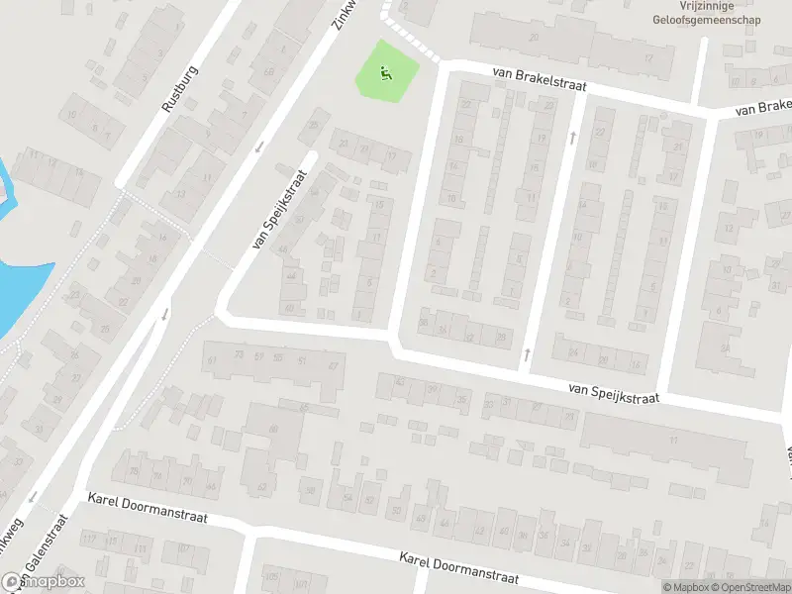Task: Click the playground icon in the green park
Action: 385,70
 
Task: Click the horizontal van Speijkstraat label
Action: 614,392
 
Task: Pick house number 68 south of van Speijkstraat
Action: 272,428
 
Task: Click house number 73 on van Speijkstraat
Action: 238,354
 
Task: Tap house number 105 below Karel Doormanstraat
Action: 270,576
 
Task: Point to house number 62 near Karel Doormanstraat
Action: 262,486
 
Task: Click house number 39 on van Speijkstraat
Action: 433,389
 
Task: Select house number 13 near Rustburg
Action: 179,193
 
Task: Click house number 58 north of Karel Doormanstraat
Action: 310,490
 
